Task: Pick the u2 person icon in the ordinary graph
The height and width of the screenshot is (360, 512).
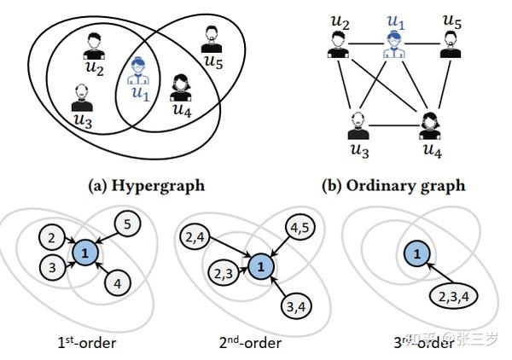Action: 339,43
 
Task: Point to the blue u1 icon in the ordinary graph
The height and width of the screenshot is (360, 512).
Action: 393,43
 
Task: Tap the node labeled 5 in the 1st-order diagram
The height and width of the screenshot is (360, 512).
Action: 126,224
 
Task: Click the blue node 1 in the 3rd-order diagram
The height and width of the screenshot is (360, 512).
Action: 417,254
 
